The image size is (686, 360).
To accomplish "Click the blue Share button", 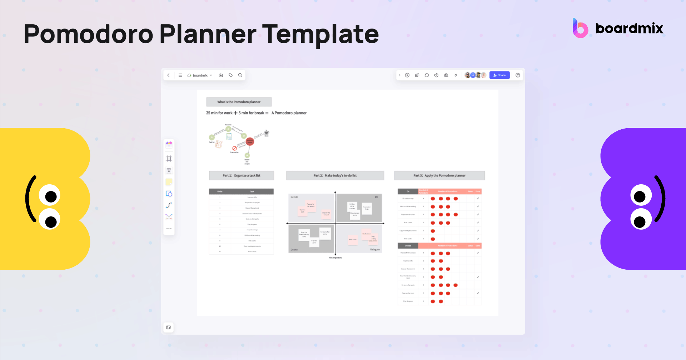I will click(499, 75).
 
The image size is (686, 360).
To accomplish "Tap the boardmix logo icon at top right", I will click(580, 29).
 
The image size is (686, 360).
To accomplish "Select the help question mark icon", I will click(518, 75).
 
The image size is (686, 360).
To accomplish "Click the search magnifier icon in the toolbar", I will click(240, 75).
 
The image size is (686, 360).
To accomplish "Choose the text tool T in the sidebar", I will click(169, 170).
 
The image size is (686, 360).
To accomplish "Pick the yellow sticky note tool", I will click(169, 182).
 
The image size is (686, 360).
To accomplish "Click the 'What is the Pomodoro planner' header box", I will click(239, 102).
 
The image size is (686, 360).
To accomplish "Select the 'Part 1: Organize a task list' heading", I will click(242, 175).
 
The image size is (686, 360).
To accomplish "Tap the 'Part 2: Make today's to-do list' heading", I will click(335, 175).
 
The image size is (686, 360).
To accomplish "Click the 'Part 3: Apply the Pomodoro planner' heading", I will click(439, 175).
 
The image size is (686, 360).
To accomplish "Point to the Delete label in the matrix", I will click(294, 250).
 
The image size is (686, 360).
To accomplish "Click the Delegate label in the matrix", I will click(375, 249).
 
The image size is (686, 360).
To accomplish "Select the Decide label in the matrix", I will click(294, 197).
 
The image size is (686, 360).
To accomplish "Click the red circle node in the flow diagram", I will click(250, 142).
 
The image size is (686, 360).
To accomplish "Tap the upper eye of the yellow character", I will click(50, 195).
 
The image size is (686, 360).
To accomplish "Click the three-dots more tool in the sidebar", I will click(169, 228).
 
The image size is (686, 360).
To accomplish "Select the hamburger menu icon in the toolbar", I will click(180, 75).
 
